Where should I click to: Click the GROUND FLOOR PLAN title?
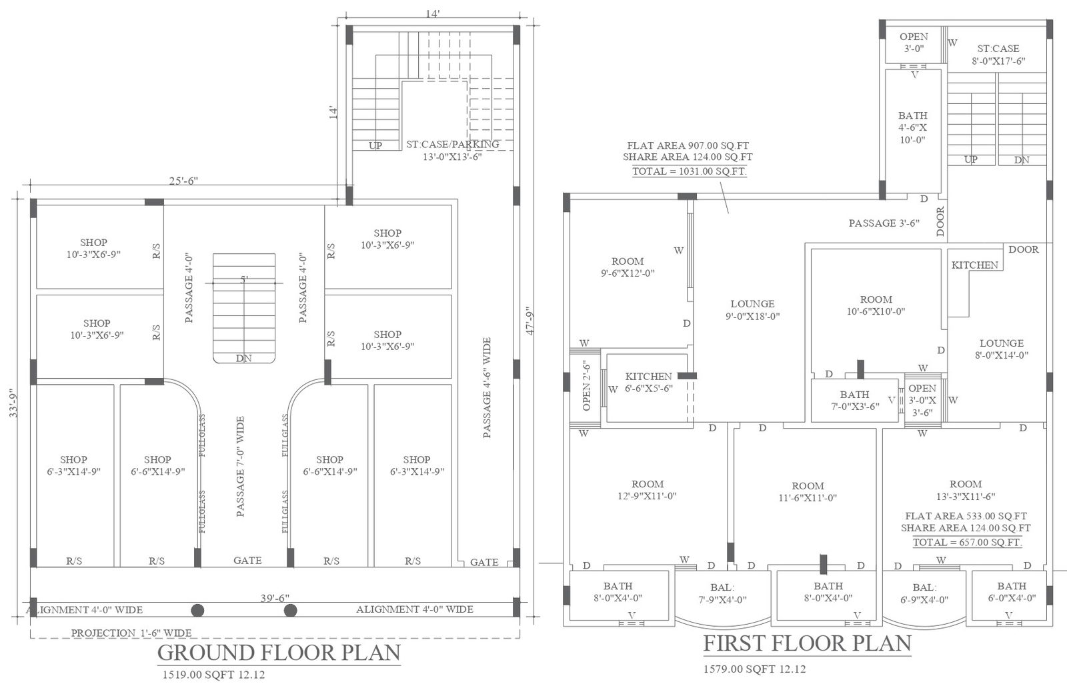[x=279, y=653]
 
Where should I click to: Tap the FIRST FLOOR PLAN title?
[x=808, y=643]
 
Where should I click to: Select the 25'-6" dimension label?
[x=183, y=181]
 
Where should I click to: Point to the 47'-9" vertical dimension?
[x=531, y=321]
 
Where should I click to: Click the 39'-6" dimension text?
[x=275, y=598]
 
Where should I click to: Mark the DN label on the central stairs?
[x=244, y=358]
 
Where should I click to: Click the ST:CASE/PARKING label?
[x=453, y=144]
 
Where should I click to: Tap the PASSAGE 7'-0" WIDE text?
[x=240, y=466]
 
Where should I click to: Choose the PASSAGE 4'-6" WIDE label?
[x=487, y=388]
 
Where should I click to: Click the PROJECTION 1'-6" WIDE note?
[x=131, y=633]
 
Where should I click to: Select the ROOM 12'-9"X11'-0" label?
[x=648, y=490]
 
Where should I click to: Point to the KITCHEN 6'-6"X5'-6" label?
[x=649, y=383]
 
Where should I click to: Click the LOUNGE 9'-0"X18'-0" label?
[x=753, y=309]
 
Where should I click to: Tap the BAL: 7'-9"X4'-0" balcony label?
[x=723, y=594]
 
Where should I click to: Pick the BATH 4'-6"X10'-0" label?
[x=913, y=127]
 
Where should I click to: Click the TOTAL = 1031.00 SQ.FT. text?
[x=690, y=171]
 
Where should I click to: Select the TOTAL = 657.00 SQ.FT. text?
[x=968, y=542]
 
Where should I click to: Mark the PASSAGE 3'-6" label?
[x=884, y=223]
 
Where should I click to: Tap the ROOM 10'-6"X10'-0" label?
[x=876, y=305]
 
